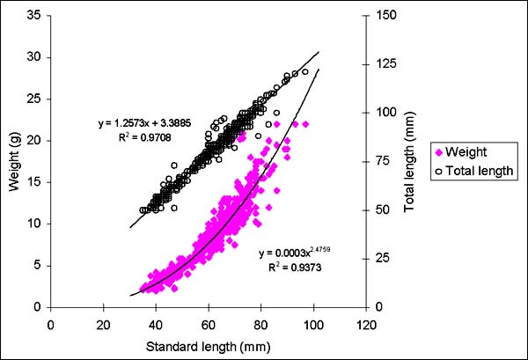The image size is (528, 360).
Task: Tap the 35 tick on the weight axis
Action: click(x=35, y=15)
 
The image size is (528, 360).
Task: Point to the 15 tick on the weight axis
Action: click(x=35, y=181)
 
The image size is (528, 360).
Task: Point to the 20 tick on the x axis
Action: click(x=104, y=321)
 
